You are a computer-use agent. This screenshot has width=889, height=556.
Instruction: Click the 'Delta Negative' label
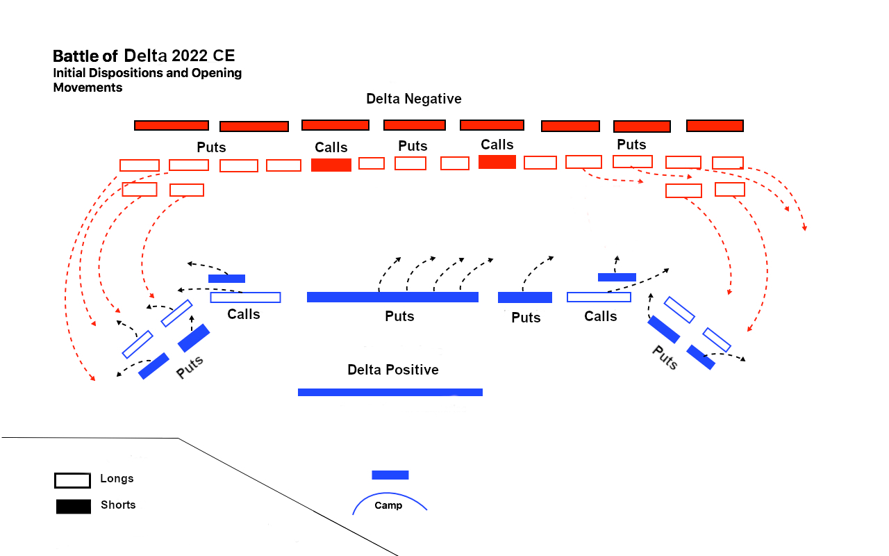[x=413, y=99]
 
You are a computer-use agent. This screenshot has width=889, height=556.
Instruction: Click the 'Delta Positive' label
[x=393, y=370]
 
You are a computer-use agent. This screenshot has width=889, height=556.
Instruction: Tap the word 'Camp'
[x=388, y=505]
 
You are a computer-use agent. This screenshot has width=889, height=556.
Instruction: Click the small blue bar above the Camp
[x=390, y=475]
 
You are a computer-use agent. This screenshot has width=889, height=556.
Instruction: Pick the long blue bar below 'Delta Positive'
[x=390, y=392]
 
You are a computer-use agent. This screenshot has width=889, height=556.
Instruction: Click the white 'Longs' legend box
[x=72, y=480]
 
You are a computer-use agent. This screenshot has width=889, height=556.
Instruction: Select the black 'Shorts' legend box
[x=73, y=507]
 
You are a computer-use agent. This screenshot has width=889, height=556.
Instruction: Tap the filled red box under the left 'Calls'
[x=331, y=165]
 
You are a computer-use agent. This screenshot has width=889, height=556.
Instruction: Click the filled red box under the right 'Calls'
[x=497, y=162]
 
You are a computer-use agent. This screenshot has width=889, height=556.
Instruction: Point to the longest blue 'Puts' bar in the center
[x=392, y=297]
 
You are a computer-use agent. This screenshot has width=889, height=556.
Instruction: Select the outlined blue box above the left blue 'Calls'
[x=245, y=297]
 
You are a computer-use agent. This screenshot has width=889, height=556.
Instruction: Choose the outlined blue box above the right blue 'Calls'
[x=599, y=297]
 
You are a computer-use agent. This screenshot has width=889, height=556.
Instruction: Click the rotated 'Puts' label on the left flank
[x=190, y=366]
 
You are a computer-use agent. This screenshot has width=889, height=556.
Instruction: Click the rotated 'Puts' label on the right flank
[x=665, y=357]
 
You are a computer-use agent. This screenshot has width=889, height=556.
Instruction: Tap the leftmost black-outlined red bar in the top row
[x=172, y=125]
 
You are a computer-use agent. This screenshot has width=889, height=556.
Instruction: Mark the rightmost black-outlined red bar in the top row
[x=715, y=125]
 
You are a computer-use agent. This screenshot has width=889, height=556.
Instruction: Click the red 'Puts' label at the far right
[x=631, y=145]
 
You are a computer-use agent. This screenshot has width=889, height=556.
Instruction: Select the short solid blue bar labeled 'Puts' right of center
[x=524, y=297]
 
